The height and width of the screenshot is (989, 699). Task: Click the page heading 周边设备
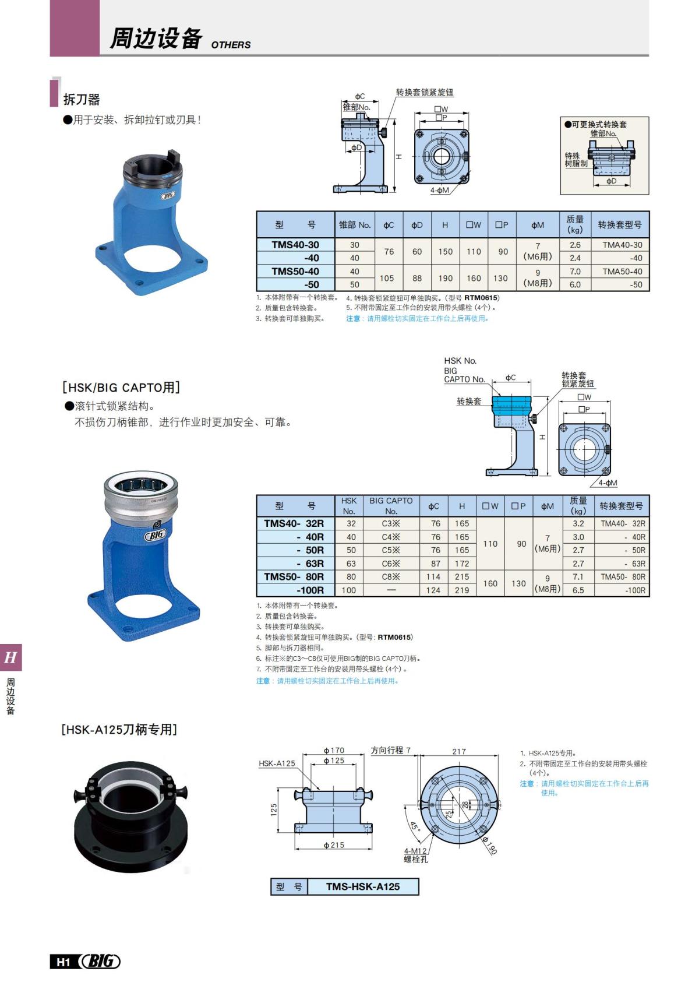coord(156,38)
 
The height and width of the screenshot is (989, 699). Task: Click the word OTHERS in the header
coord(231,45)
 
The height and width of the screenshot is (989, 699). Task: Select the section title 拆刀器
coord(82,100)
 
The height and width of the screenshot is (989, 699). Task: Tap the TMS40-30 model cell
coord(295,245)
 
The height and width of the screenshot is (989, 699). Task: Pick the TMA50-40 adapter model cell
coord(622,272)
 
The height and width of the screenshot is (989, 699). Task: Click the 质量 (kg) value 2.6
coord(575,245)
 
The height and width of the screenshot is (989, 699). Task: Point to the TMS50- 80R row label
coord(294,576)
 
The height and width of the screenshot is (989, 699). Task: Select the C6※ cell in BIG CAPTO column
coord(391,564)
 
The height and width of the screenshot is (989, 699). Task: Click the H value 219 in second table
coord(462,590)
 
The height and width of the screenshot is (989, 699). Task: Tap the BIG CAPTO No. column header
coord(391,505)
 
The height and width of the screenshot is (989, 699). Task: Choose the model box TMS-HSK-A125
coord(362,886)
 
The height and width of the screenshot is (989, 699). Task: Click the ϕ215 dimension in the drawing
coord(334,845)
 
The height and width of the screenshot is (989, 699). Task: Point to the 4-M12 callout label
coord(415,851)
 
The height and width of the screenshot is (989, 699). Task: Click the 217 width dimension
coord(459,751)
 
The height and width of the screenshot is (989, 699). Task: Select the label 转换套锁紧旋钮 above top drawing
coord(424,92)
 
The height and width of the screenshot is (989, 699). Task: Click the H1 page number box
coord(63,962)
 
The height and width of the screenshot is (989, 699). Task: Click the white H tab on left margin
coord(10,658)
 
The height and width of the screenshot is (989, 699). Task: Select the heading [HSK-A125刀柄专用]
coord(119,730)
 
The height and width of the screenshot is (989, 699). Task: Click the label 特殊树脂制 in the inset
coord(575,160)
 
